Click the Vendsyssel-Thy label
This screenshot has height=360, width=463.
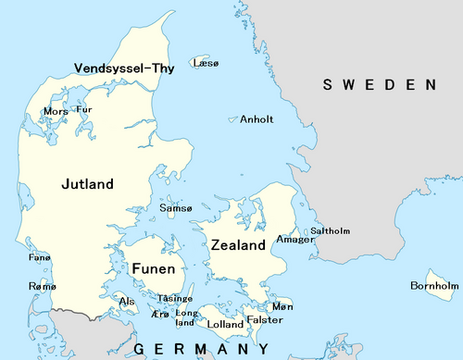(x=124, y=67)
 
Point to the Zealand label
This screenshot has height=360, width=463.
(x=238, y=245)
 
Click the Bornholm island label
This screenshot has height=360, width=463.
(x=434, y=286)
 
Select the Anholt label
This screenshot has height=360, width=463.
(x=256, y=119)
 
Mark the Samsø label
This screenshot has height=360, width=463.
(x=176, y=208)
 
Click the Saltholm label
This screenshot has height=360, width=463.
(x=330, y=230)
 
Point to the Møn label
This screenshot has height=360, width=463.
(x=283, y=306)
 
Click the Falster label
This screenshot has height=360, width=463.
(x=265, y=319)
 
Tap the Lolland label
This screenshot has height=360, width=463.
(x=226, y=325)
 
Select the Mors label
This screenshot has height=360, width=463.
(x=55, y=112)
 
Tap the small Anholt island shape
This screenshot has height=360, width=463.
(x=232, y=118)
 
